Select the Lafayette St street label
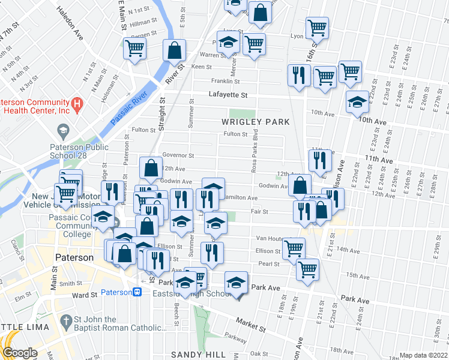click(x=228, y=95)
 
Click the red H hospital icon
click(x=77, y=106)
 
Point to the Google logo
click(x=19, y=353)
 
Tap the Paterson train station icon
click(x=137, y=292)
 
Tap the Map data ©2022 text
click(x=424, y=355)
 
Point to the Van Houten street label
click(x=268, y=238)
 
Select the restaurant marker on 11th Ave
click(x=320, y=160)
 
